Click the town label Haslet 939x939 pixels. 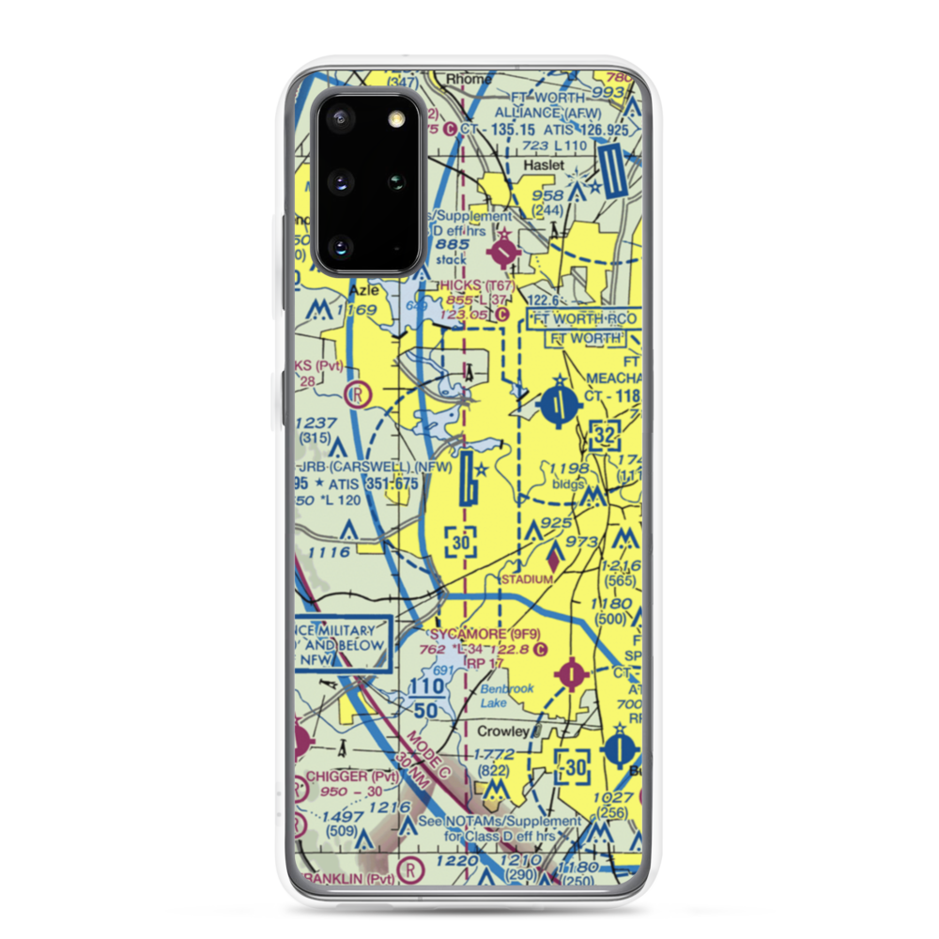pos(544,165)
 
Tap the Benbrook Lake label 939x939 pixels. pos(507,695)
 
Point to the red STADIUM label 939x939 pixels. pos(527,579)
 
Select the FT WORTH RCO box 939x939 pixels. pos(585,318)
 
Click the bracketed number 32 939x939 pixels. pos(606,435)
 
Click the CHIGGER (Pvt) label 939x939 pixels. pos(352,777)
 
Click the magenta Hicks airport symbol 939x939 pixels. pos(505,252)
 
